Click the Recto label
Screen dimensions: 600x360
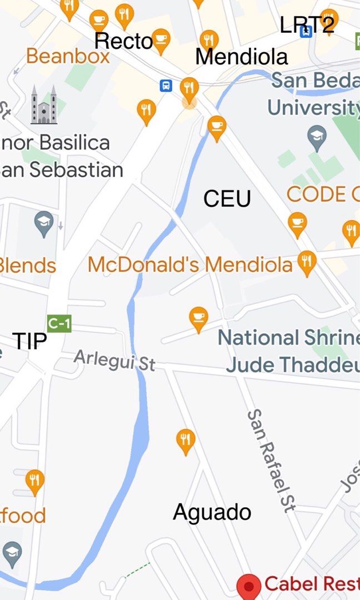tap(123, 41)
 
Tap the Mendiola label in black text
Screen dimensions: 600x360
tap(242, 56)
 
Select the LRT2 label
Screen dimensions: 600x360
tap(307, 24)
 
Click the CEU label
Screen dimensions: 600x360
tap(227, 198)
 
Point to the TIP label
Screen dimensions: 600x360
tap(29, 341)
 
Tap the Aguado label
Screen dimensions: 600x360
tap(212, 512)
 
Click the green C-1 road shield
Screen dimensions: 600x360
tap(59, 323)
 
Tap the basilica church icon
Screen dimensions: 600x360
tap(43, 105)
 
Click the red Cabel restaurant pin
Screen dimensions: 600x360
tap(249, 586)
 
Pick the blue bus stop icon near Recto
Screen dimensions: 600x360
tap(166, 86)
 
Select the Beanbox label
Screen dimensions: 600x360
tap(68, 56)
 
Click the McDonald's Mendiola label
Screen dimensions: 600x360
tap(190, 264)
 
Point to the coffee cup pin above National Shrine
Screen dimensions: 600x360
tap(198, 318)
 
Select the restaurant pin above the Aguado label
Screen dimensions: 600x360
tap(186, 440)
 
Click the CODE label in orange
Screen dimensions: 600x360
tap(322, 194)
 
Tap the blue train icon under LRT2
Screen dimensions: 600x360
tap(306, 31)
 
